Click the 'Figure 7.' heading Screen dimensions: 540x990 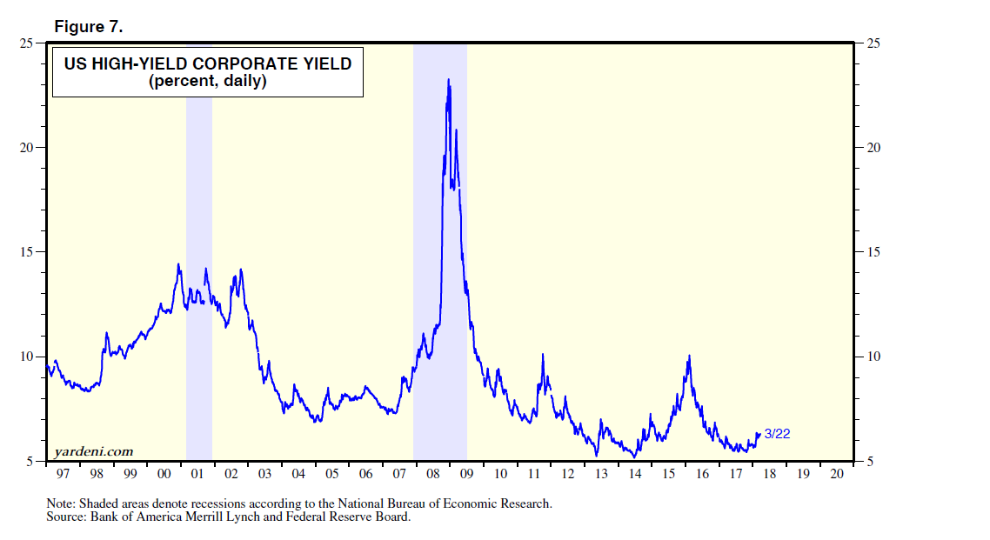coord(89,27)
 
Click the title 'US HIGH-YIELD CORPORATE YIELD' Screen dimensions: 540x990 coord(207,63)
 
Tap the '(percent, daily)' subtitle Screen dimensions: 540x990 coord(207,82)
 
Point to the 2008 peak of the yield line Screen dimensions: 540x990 coord(448,80)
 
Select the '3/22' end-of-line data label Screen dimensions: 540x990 coord(777,434)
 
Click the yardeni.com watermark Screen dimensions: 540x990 coord(93,451)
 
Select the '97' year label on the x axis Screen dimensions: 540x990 coord(63,474)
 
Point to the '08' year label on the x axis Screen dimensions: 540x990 coord(432,474)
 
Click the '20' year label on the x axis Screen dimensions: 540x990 coord(837,474)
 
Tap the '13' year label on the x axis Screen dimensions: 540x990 coord(601,474)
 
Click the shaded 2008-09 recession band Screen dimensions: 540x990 coord(440,261)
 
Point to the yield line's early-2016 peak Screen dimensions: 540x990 coord(689,356)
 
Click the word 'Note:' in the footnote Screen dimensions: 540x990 coord(64,503)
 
